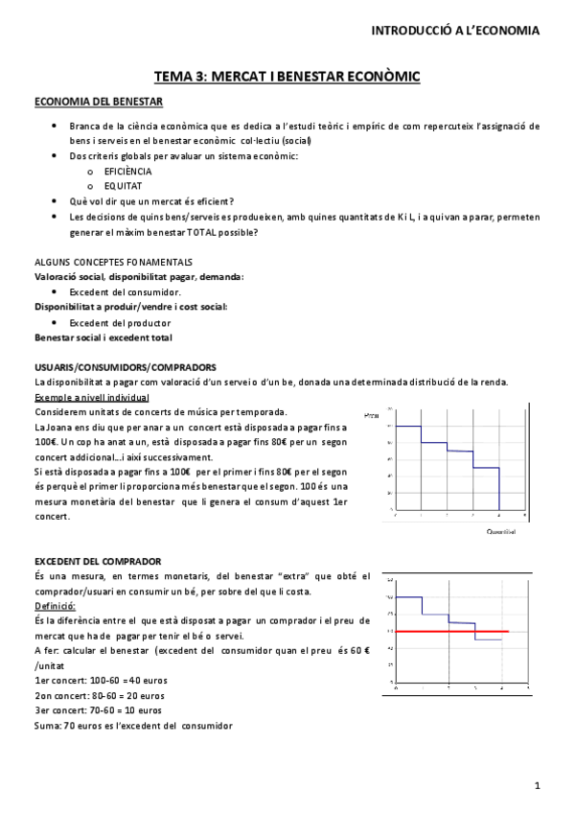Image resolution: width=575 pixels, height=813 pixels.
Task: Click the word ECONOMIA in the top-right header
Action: pos(503,31)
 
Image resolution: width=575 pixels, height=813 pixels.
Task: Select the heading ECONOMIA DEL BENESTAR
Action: pos(99,102)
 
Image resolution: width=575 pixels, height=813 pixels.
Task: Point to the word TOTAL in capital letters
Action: pos(200,232)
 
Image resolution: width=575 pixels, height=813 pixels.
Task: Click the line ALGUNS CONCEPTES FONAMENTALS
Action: pos(113,262)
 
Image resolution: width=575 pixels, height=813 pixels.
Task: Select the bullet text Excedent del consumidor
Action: pos(126,291)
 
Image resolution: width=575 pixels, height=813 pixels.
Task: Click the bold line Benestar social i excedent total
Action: pos(103,337)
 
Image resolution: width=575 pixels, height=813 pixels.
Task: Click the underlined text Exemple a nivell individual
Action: pos(91,397)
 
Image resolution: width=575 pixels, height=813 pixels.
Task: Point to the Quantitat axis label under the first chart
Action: pos(501,531)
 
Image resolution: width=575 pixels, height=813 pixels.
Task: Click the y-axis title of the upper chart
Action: pos(372,414)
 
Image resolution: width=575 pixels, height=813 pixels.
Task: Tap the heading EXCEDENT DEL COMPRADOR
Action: pos(98,561)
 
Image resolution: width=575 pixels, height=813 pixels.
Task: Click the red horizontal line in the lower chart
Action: pos(451,632)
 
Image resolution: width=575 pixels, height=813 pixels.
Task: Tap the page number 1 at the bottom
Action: pos(539,786)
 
